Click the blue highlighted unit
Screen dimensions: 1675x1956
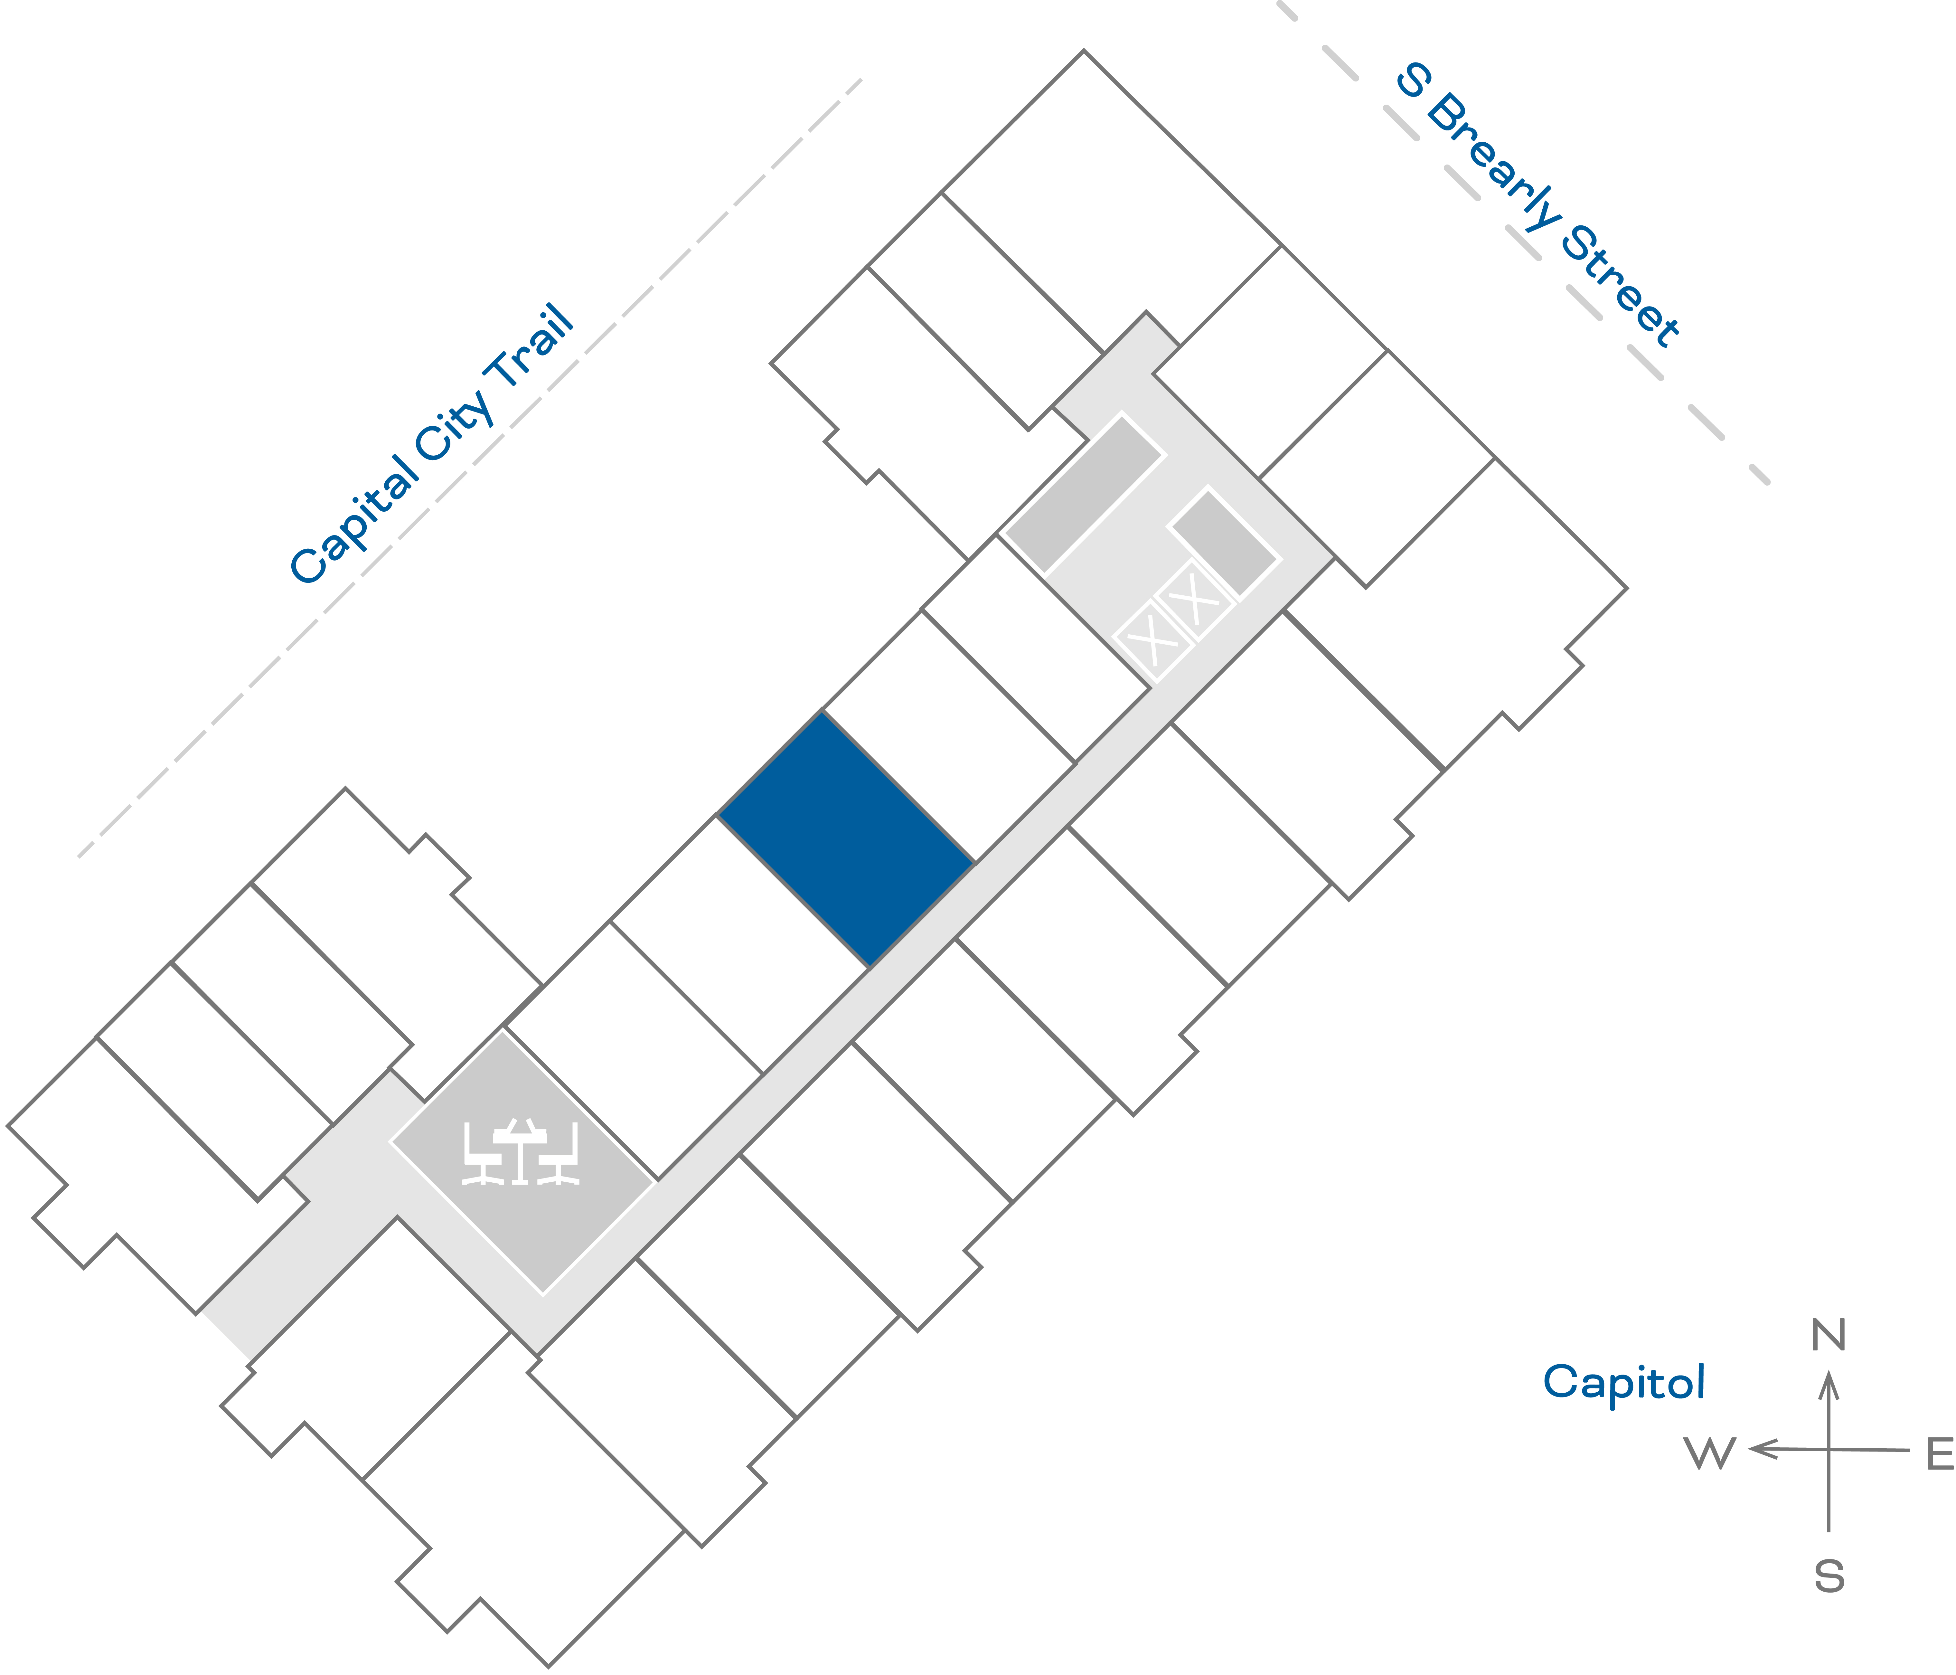coord(846,838)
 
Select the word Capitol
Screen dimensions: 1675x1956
coord(1624,1382)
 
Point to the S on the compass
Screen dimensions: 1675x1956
coord(1829,1577)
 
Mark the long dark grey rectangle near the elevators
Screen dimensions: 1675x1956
coord(1084,493)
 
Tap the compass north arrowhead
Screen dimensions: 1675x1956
coord(1829,1385)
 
